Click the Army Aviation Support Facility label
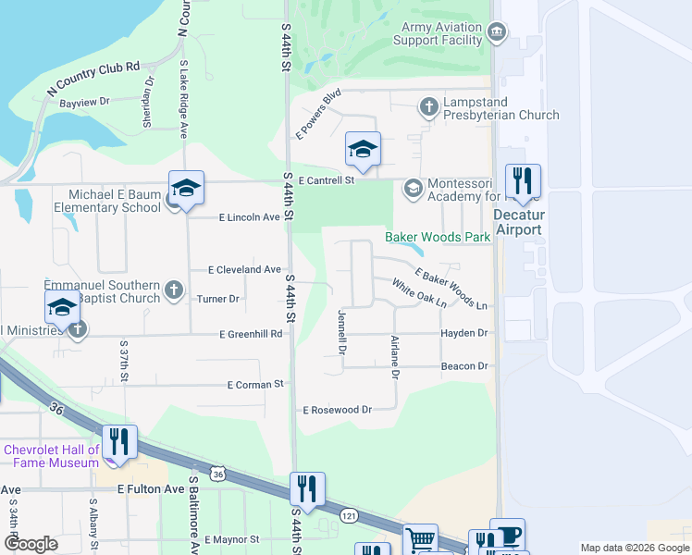[x=438, y=34]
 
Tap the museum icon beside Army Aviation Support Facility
[x=498, y=34]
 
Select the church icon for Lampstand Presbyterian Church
[x=428, y=107]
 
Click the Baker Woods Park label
[x=438, y=238]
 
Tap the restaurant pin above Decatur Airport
[x=524, y=181]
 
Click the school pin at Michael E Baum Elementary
[x=186, y=189]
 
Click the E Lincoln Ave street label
[x=249, y=217]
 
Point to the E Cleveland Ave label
[x=244, y=269]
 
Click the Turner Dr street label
[x=218, y=299]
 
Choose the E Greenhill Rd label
[x=251, y=334]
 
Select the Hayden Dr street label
[x=463, y=333]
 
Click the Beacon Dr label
[x=464, y=366]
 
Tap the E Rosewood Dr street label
[x=337, y=409]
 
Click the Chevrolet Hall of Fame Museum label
[x=51, y=456]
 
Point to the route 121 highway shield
[x=348, y=512]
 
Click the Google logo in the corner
[x=31, y=543]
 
